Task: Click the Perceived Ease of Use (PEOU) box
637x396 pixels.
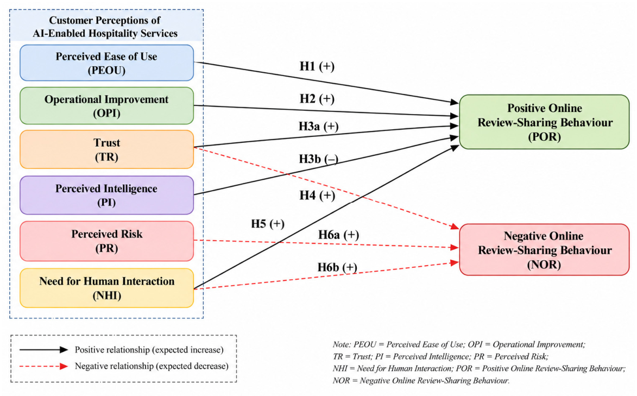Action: [x=107, y=63]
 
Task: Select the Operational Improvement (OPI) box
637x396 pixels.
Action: [x=107, y=106]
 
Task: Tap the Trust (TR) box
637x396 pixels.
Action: [x=107, y=149]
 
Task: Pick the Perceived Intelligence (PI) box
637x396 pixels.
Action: [x=107, y=195]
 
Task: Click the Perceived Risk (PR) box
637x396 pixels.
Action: [x=107, y=241]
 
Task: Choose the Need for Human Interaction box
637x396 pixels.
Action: [x=107, y=288]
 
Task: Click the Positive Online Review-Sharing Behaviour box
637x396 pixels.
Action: [x=544, y=122]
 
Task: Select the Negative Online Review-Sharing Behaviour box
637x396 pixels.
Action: [x=544, y=250]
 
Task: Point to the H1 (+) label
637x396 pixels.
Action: [x=317, y=66]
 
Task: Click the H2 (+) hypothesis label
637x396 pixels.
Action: [x=317, y=99]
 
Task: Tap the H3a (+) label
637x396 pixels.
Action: [x=318, y=127]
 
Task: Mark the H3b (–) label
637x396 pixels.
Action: [x=318, y=159]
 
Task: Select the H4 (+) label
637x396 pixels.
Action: [x=317, y=196]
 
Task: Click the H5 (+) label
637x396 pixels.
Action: [x=268, y=224]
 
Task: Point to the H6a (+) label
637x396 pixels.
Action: [x=338, y=235]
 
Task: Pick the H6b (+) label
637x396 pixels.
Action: [x=337, y=267]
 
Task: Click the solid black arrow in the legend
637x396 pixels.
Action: [x=44, y=350]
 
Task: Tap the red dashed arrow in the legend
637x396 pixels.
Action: [x=44, y=366]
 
